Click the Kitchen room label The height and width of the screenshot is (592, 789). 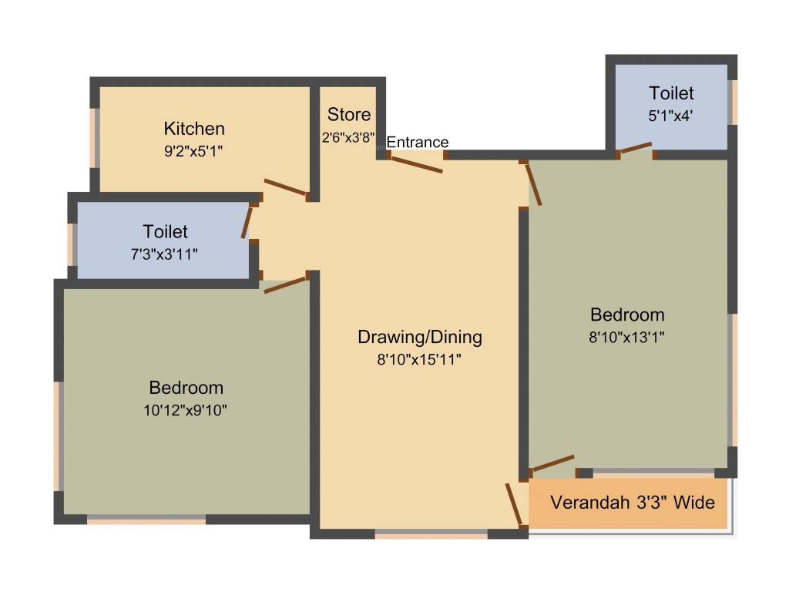194,129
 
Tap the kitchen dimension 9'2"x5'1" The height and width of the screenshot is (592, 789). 193,151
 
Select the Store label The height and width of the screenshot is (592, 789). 349,115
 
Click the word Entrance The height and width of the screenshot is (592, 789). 417,142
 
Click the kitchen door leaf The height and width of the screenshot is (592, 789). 286,188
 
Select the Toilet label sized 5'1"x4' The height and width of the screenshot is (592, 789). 671,93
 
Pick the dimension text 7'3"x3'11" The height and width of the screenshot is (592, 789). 165,253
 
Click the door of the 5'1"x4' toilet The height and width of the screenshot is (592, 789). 636,148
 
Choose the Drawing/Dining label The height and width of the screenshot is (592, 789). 420,337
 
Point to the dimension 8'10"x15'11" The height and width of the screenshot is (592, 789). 419,358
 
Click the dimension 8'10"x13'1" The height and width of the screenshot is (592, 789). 627,336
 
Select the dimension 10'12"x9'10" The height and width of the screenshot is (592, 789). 186,410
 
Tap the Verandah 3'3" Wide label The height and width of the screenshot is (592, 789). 633,503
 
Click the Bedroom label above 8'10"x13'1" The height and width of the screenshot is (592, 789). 627,314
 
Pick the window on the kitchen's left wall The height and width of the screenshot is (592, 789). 96,136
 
